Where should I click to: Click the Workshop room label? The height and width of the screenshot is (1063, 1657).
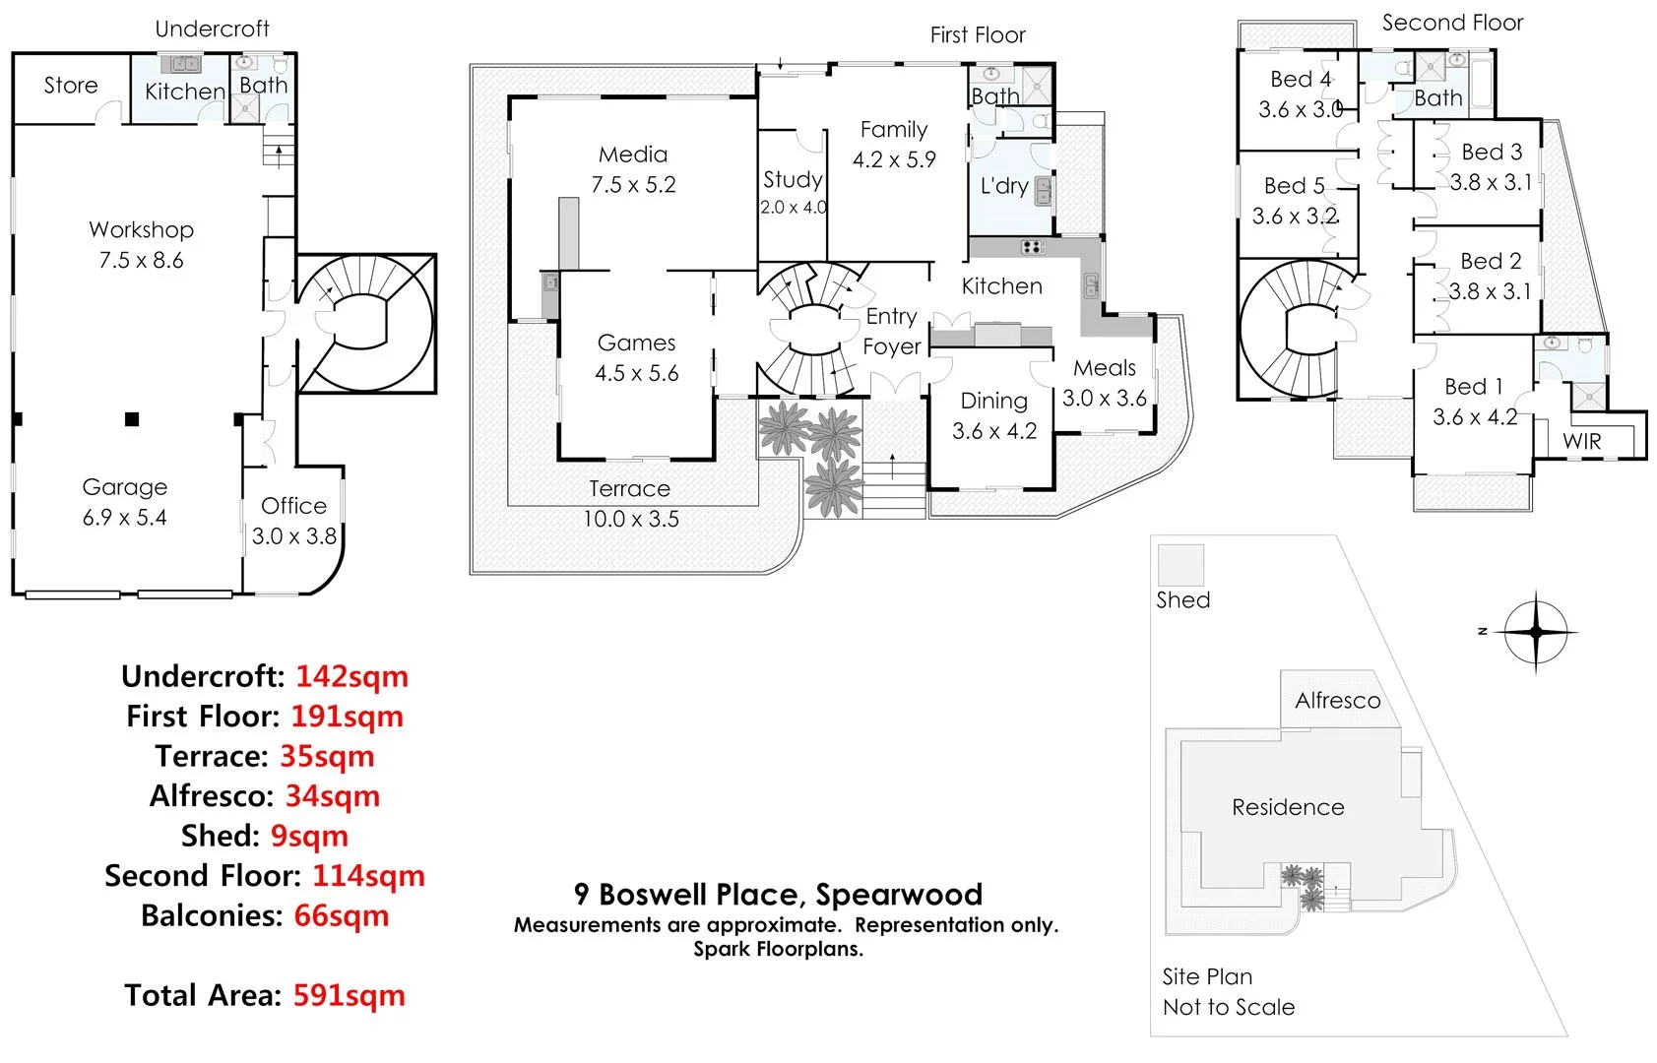point(141,229)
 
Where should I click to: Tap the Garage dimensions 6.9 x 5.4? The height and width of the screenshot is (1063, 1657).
point(124,518)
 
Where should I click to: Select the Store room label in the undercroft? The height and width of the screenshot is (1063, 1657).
point(71,86)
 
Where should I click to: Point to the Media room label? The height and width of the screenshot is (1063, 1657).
point(633,155)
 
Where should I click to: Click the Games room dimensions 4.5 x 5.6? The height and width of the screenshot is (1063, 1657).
point(636,373)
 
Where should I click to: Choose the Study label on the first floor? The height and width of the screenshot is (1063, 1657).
point(793,179)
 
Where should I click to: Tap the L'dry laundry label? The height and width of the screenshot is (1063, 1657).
point(1004,186)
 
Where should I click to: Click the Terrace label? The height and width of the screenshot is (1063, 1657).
point(629,488)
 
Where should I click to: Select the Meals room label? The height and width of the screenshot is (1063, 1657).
point(1105,368)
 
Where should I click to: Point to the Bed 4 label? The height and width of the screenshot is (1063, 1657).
point(1301,79)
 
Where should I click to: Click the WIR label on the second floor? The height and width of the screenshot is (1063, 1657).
point(1582,442)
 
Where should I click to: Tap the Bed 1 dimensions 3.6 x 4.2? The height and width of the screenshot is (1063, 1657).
point(1475,417)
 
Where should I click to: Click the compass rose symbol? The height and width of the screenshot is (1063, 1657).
point(1535,632)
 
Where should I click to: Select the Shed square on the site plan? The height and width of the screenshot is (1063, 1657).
point(1180,565)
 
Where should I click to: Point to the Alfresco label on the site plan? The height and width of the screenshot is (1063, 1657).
point(1337,701)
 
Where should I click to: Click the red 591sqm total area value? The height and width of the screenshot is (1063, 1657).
point(349,995)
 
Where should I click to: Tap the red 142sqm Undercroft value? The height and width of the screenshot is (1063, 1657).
point(351,676)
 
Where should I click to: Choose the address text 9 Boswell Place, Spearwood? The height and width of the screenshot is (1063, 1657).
point(778,894)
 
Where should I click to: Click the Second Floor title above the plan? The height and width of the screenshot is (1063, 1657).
point(1452,23)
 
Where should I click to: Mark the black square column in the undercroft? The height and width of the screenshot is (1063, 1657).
point(132,419)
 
